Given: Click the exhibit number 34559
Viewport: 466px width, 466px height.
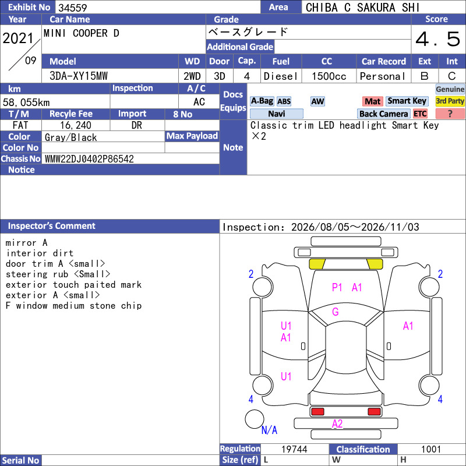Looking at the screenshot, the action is click(x=72, y=8).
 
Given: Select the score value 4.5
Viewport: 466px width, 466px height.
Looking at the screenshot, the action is click(x=438, y=39).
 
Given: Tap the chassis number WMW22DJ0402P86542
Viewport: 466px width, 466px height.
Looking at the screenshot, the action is click(x=89, y=158).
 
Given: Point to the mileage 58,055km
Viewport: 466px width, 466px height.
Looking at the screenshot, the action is click(x=26, y=103).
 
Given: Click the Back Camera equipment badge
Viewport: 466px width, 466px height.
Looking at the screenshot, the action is click(x=383, y=114).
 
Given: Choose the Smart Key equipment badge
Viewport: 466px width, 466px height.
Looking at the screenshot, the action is click(x=407, y=101).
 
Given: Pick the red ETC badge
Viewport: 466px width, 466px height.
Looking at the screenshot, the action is click(x=420, y=114).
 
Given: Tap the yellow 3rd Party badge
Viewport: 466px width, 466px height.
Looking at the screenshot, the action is click(x=450, y=101).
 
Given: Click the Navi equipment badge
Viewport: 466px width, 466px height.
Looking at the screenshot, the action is click(x=276, y=114).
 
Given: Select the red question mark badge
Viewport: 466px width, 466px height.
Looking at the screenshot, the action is click(x=450, y=114).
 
